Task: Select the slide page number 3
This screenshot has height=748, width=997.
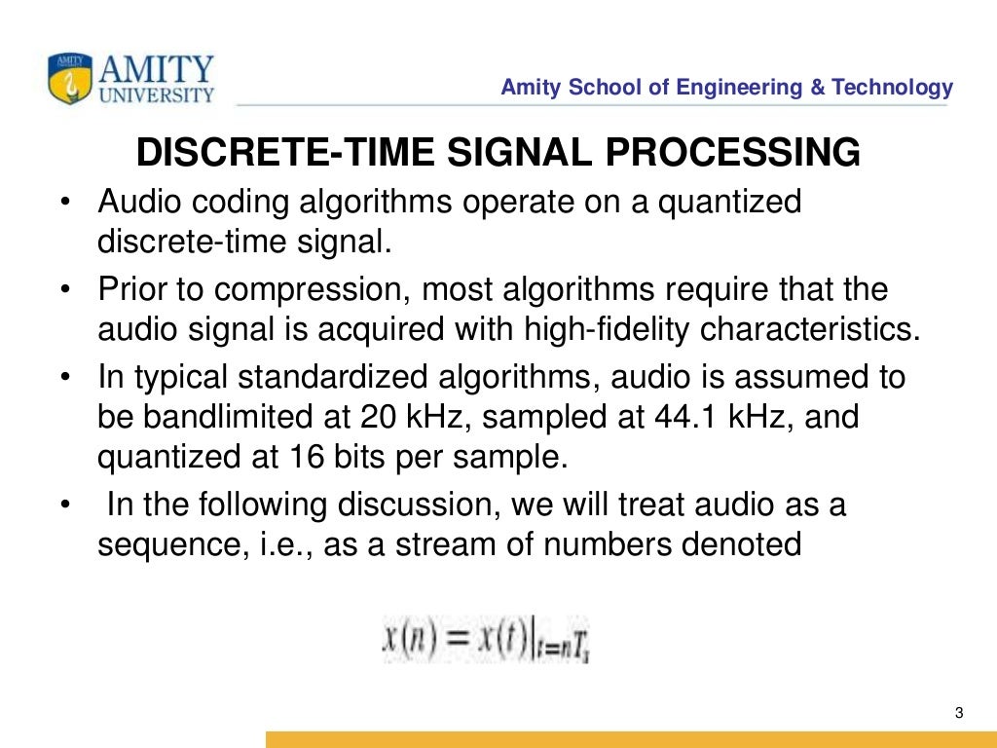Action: pyautogui.click(x=959, y=714)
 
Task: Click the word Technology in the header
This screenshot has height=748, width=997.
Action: pyautogui.click(x=894, y=88)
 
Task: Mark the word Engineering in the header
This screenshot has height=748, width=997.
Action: pyautogui.click(x=730, y=88)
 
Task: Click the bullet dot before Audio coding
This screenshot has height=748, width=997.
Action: pyautogui.click(x=64, y=204)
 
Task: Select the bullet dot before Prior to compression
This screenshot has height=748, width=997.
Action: pyautogui.click(x=64, y=290)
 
